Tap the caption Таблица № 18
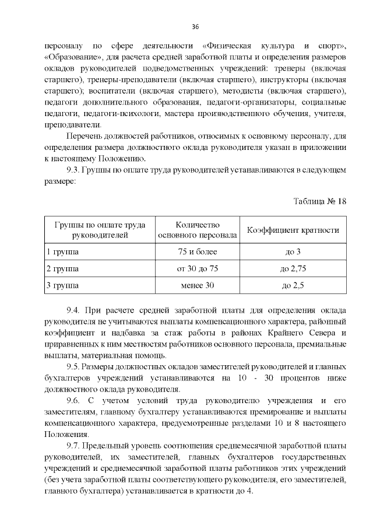(319, 201)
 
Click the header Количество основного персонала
(198, 230)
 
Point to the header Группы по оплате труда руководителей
(99, 230)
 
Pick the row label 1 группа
(62, 252)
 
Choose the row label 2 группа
(62, 269)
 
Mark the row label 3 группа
(62, 286)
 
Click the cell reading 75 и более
(198, 252)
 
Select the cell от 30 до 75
(198, 269)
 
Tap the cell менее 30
(198, 286)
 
